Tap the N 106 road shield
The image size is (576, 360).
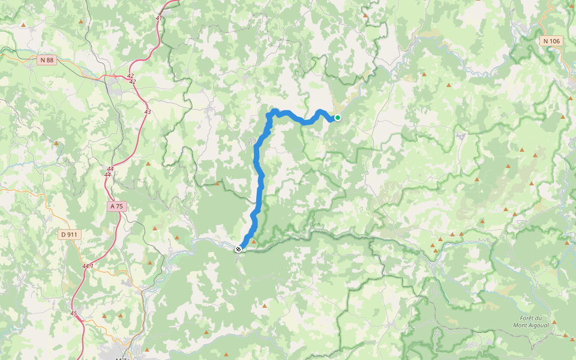click(x=551, y=41)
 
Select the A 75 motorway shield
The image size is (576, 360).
click(x=116, y=206)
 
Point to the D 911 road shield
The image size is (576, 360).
click(x=70, y=234)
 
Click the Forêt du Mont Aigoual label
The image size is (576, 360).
click(x=527, y=322)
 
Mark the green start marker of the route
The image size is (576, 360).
click(x=338, y=118)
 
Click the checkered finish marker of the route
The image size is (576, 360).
click(x=238, y=248)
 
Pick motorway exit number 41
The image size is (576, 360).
click(x=158, y=18)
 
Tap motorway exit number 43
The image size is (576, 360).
click(x=148, y=112)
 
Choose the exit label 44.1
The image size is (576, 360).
click(x=88, y=266)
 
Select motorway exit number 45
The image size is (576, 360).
click(x=73, y=313)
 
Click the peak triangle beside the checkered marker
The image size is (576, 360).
click(x=253, y=242)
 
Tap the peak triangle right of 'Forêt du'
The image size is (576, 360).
click(x=554, y=322)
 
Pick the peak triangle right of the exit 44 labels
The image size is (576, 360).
click(x=148, y=163)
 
